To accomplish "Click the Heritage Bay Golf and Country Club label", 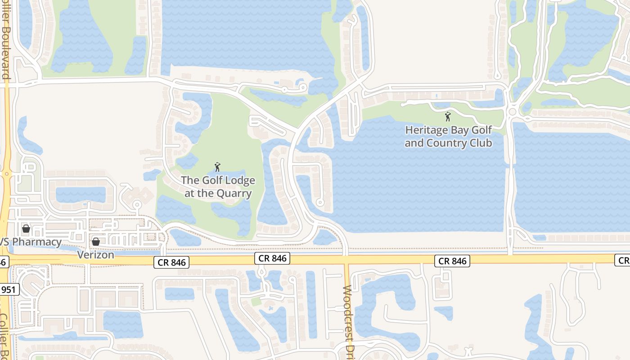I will tap(448, 137).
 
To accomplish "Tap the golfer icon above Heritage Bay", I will tap(447, 117).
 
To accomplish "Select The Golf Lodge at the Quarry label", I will tap(218, 187).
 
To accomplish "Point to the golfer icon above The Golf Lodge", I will tap(217, 167).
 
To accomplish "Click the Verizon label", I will tap(95, 254).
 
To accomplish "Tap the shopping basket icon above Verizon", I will tap(95, 242).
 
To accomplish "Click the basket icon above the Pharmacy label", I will tap(26, 229).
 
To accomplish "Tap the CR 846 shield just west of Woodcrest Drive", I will tap(272, 258).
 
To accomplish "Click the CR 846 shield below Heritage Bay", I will tap(452, 261).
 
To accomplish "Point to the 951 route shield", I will tap(9, 289).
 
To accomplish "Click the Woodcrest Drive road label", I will tap(347, 319).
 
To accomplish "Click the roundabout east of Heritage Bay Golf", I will tap(512, 111).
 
